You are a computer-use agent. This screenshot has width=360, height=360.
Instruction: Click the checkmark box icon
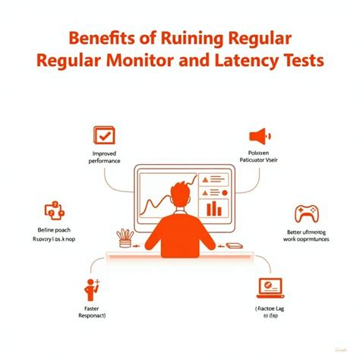click(104, 135)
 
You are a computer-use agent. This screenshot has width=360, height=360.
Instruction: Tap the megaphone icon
click(260, 137)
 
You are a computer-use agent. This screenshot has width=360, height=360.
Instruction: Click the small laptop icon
click(268, 286)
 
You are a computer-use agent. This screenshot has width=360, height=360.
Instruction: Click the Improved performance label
click(105, 157)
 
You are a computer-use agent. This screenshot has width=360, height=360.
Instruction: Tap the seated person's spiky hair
click(181, 191)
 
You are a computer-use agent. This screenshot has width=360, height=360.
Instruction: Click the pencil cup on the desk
click(124, 237)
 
